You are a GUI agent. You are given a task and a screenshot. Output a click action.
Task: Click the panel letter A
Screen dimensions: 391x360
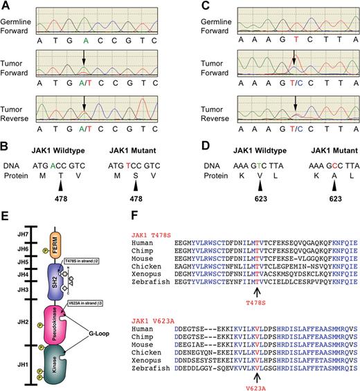click(6, 6)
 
